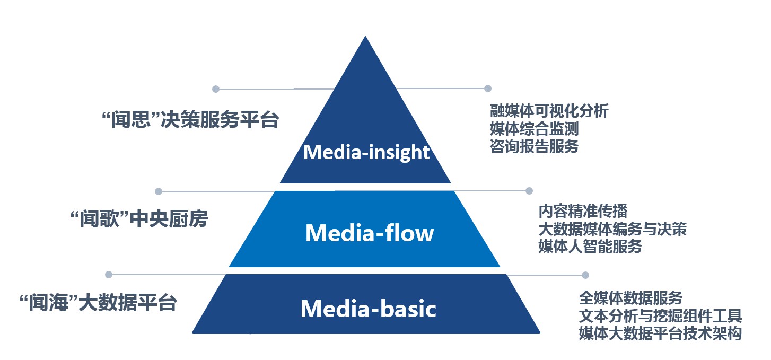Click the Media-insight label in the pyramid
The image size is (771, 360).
click(366, 153)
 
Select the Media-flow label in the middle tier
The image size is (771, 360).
click(370, 233)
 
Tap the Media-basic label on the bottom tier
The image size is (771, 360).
click(368, 309)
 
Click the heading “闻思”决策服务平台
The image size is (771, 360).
click(189, 120)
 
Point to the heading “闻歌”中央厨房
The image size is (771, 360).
click(139, 218)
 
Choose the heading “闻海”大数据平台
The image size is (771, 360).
click(97, 303)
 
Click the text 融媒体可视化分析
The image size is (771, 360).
click(549, 111)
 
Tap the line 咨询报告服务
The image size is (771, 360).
click(534, 146)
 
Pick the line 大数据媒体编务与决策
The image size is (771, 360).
click(612, 229)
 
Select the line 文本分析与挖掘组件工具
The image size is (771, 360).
click(660, 315)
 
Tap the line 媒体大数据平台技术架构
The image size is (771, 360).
click(660, 333)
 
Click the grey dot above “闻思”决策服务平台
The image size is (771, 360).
click(215, 89)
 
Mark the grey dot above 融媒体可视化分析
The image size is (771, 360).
click(488, 89)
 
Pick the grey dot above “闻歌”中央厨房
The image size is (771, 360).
click(158, 191)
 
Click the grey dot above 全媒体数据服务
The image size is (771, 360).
click(585, 275)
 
